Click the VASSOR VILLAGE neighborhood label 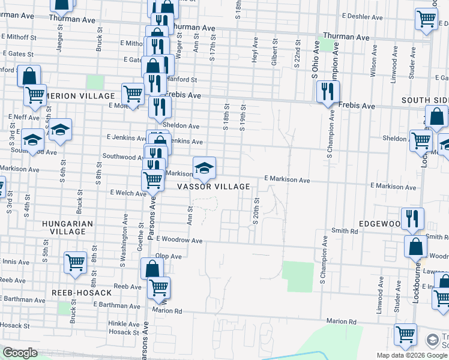click(x=213, y=187)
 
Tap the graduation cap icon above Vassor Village click(x=204, y=167)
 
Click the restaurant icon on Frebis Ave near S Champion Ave click(x=328, y=91)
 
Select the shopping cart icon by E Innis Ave click(x=75, y=262)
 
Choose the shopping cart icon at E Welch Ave click(x=153, y=179)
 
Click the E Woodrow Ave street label click(x=179, y=239)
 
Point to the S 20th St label click(x=256, y=211)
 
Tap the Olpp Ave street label click(x=168, y=256)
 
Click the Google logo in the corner click(x=20, y=353)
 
